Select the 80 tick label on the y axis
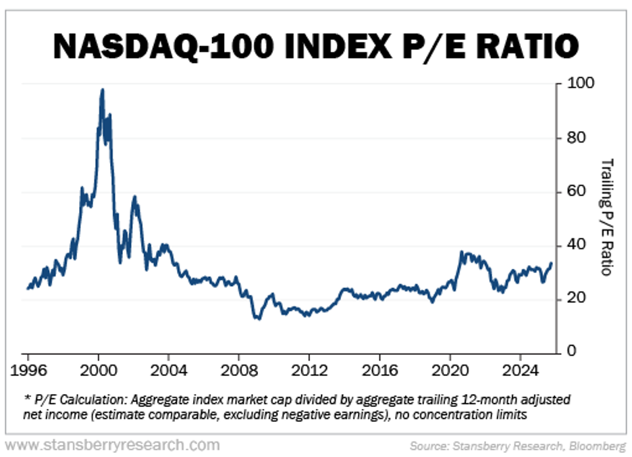(573, 138)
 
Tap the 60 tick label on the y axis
(573, 191)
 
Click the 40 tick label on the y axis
(573, 245)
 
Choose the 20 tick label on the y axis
(573, 298)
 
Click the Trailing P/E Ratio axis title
(606, 216)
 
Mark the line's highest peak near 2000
(102, 89)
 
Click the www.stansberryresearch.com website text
(113, 445)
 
